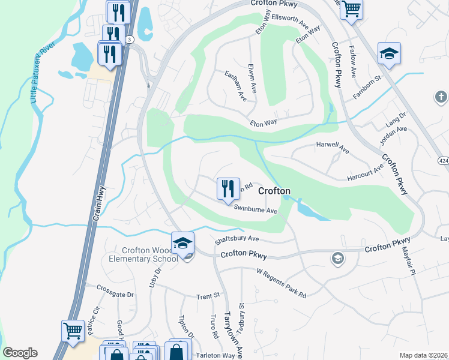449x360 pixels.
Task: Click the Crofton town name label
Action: tap(274, 191)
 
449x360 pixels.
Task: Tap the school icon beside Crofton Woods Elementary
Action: tap(182, 243)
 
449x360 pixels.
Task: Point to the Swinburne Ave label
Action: tap(255, 211)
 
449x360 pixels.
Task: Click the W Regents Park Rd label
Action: tap(282, 284)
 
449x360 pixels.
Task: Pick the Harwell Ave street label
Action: tap(333, 146)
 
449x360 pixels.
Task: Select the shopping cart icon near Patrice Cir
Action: tap(73, 331)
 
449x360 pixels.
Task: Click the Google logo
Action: tap(20, 353)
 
